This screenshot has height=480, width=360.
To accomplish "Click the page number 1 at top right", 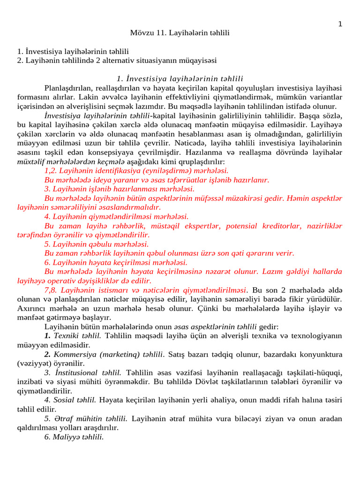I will (340, 24).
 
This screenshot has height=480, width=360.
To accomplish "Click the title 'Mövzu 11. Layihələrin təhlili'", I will (180, 33).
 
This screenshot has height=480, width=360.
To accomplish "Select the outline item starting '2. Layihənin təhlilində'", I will (117, 60).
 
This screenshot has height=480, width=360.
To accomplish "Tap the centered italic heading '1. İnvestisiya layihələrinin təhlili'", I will (180, 78).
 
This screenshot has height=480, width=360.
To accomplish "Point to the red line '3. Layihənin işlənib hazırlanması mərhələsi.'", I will (120, 189).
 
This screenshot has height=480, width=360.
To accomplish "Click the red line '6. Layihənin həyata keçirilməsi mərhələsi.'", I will (116, 262).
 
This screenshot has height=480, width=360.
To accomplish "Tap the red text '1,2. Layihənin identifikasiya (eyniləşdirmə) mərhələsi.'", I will (136, 171).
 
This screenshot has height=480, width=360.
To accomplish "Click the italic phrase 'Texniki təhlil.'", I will (77, 336).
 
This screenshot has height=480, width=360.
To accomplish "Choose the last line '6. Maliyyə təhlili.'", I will (74, 437).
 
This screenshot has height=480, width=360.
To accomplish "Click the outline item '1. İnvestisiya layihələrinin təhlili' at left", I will (73, 51).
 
